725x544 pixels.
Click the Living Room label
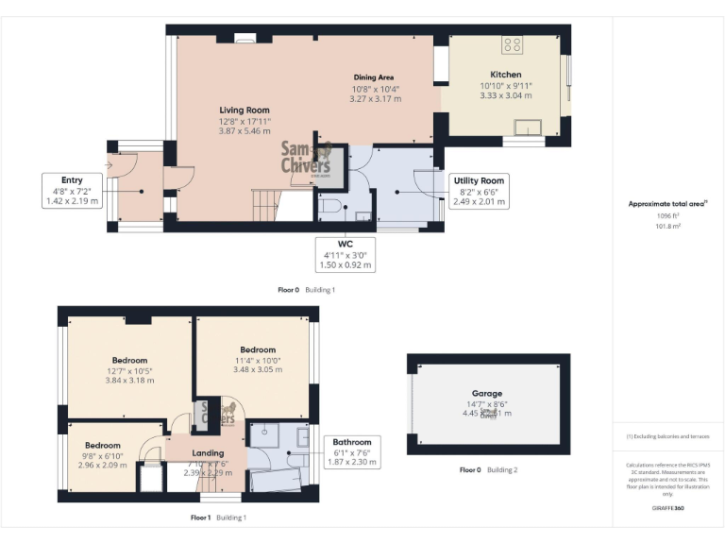238,110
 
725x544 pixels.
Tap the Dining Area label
373,76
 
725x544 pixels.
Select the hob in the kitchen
514,43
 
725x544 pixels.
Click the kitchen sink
526,127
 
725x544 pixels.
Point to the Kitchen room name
505,75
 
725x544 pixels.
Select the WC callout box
345,255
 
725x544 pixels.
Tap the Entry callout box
72,190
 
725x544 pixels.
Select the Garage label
487,393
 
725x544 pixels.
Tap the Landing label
208,453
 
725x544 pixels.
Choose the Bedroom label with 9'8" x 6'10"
102,445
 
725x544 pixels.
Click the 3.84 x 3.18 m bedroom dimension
129,381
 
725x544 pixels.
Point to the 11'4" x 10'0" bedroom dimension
257,360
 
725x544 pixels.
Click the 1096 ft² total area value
667,216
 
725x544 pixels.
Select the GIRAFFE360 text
666,508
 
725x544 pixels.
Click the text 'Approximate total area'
666,203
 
